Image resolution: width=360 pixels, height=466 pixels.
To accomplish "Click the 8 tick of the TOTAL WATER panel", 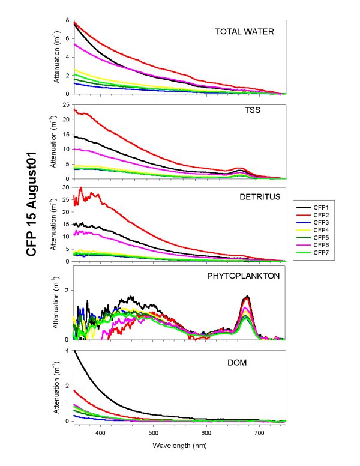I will coord(67,21).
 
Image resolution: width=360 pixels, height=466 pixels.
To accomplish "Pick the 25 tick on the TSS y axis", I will coord(65,104).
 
